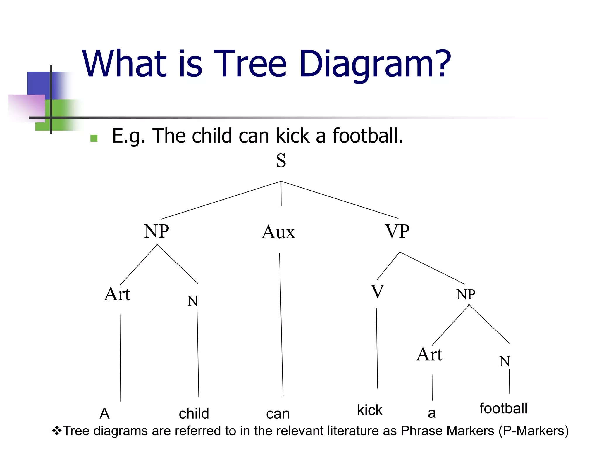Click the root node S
tap(281, 161)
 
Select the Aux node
tap(278, 232)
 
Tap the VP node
tap(397, 231)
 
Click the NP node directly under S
tap(156, 231)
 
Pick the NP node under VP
tap(466, 294)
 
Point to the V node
tap(377, 292)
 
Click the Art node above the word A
tap(117, 294)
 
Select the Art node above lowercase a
tap(429, 354)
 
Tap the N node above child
tap(193, 301)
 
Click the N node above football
tap(505, 361)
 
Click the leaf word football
tap(503, 408)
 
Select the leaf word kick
tap(370, 410)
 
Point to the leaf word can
tap(278, 414)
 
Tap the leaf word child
tap(194, 414)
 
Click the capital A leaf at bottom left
tap(105, 414)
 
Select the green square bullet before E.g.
tap(94, 138)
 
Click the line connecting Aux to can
tap(281, 324)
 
